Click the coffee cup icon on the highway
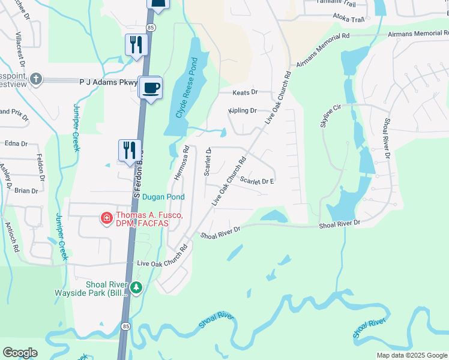pos(151,88)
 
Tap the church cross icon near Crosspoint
pos(36,79)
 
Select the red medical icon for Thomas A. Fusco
pos(106,218)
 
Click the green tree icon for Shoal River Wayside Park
pos(136,289)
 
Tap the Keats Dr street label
pos(245,92)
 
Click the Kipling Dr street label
pos(243,110)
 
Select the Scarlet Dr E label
pos(256,181)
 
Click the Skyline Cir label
pos(331,114)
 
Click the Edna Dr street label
pos(16,144)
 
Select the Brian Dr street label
pos(26,191)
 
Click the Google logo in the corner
pos(20,353)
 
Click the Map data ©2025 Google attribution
pos(411,355)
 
